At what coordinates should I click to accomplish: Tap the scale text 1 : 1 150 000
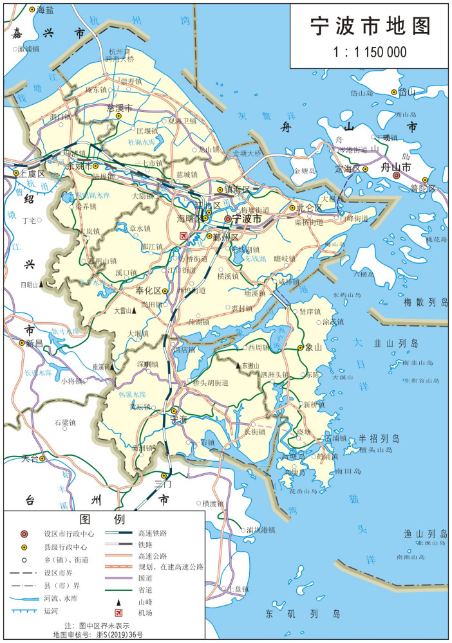pos(370,51)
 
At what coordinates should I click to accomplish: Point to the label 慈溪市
pos(119,107)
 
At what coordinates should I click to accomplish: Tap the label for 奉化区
pos(147,291)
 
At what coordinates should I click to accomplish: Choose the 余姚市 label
pos(79,166)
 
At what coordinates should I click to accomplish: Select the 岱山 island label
pos(407,93)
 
